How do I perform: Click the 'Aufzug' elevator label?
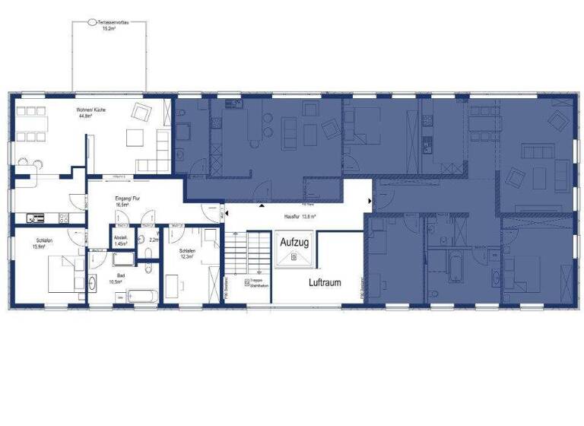point(294,241)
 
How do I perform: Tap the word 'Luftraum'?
point(324,282)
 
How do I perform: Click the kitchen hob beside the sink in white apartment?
point(36,218)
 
